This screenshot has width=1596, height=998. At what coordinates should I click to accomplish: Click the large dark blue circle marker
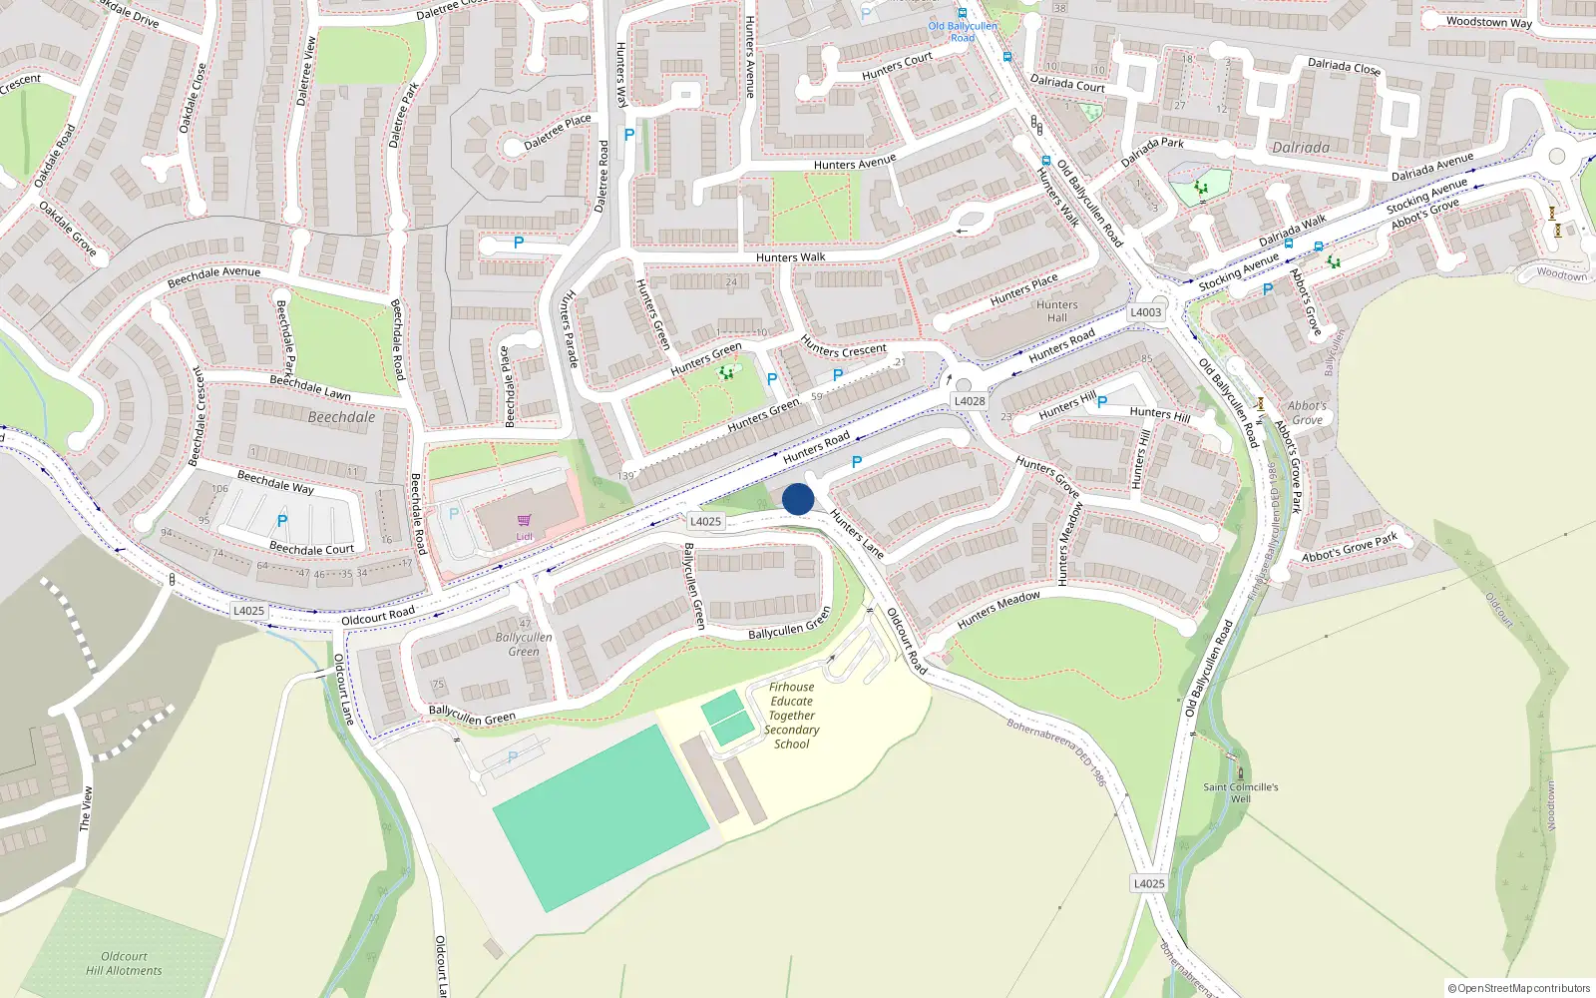click(x=798, y=499)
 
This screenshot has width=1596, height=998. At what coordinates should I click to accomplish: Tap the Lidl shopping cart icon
click(x=524, y=520)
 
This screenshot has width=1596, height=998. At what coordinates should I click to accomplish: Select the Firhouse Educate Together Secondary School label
click(x=792, y=715)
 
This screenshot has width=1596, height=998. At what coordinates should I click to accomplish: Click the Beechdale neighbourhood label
click(x=341, y=417)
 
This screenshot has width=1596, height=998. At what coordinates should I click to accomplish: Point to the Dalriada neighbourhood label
click(x=1301, y=148)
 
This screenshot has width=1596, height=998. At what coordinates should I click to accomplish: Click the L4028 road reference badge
click(x=970, y=401)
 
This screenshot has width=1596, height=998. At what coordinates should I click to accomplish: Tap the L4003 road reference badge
click(x=1146, y=312)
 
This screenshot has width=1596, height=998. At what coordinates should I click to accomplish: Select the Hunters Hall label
click(x=1057, y=311)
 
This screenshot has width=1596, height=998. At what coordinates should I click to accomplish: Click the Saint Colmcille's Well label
click(x=1240, y=792)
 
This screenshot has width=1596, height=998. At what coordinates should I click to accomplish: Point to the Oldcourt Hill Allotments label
click(x=124, y=963)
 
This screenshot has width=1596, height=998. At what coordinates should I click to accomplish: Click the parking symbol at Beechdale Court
click(x=282, y=521)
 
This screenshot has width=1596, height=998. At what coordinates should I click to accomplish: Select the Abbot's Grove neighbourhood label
click(x=1307, y=412)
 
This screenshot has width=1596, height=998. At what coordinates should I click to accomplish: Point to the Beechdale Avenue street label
click(x=213, y=276)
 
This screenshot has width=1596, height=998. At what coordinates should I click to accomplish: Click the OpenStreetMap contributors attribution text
click(x=1519, y=988)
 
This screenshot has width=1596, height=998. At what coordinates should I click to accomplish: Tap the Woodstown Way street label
click(x=1488, y=22)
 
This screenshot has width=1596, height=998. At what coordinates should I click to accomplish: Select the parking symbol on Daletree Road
click(x=628, y=135)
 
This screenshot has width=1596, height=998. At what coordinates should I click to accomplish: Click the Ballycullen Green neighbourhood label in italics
click(x=524, y=644)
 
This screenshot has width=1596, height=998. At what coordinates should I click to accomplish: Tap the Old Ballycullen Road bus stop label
click(x=963, y=32)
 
